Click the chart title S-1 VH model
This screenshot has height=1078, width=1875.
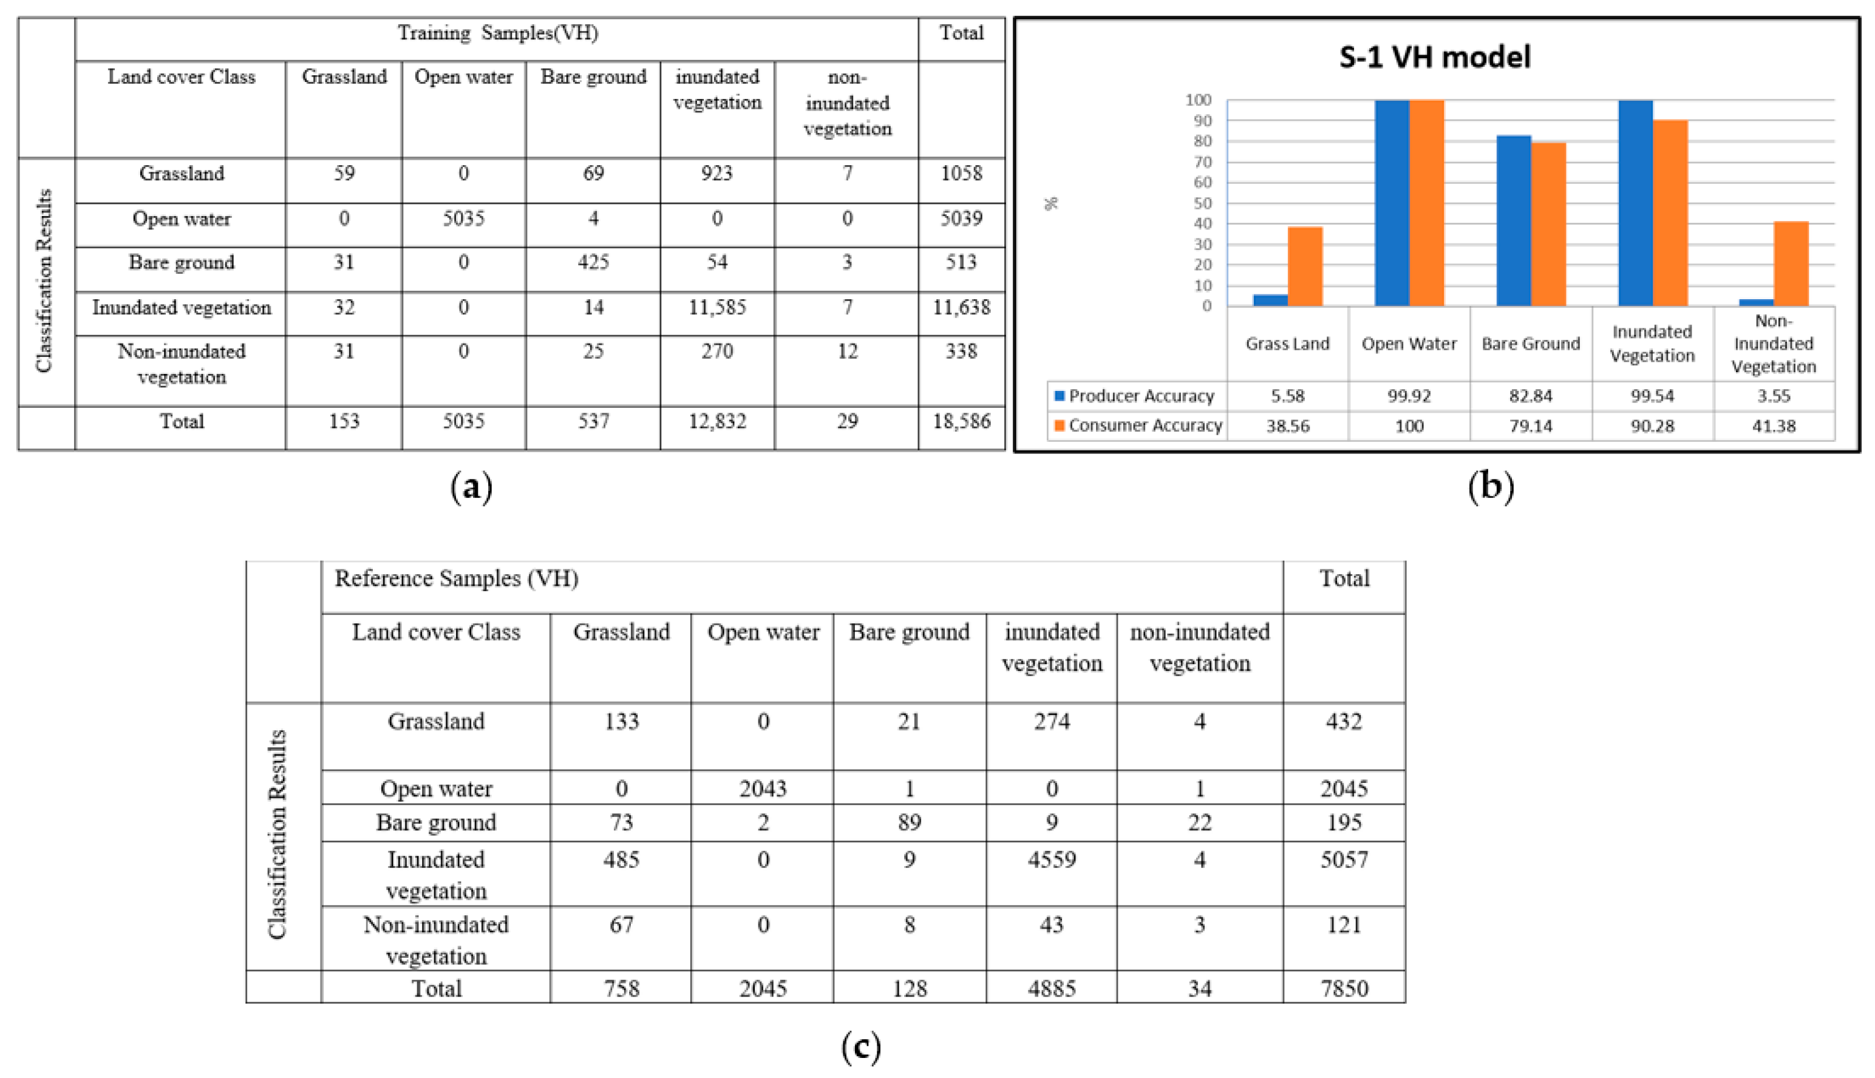click(x=1434, y=57)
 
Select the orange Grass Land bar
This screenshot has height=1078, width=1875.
click(x=1305, y=266)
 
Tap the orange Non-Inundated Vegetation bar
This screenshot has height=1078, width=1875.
click(x=1791, y=263)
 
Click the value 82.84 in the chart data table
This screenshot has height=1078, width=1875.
click(x=1531, y=396)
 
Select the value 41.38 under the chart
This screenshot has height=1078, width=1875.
click(x=1774, y=425)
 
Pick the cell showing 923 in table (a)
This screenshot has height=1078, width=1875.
click(x=717, y=173)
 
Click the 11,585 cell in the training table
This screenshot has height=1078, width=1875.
click(x=717, y=307)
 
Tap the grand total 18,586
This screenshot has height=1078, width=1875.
click(x=961, y=421)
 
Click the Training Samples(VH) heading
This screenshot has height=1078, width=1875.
click(x=498, y=33)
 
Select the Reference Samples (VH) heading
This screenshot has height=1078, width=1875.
click(x=456, y=578)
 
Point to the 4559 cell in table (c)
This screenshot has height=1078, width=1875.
click(x=1052, y=859)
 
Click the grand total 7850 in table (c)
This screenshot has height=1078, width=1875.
click(x=1344, y=988)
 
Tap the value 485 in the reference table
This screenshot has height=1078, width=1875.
click(x=621, y=859)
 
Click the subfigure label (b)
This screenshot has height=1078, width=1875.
click(x=1491, y=486)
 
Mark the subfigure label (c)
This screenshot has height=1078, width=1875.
click(x=861, y=1046)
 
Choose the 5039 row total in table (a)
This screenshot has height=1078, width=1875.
click(x=961, y=219)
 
